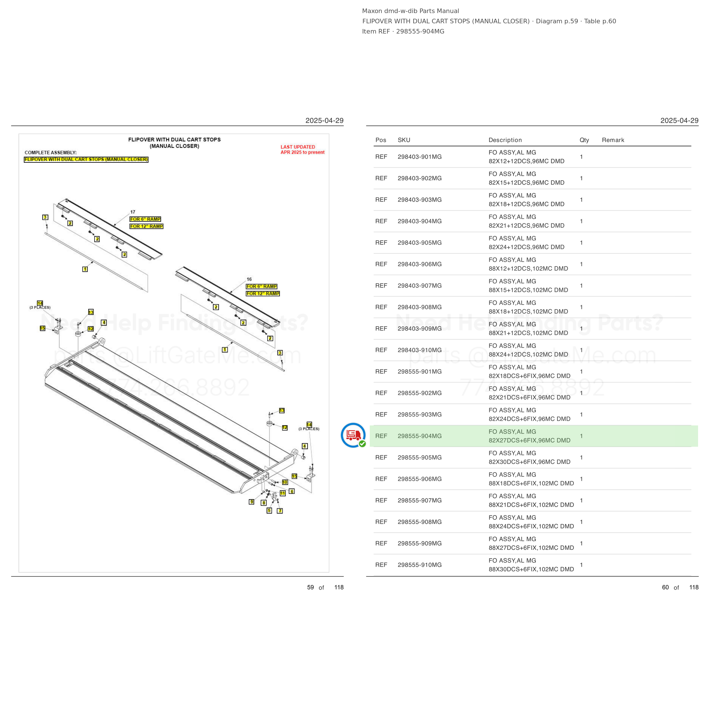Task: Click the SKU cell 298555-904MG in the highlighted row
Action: point(419,436)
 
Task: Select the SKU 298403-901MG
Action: point(419,156)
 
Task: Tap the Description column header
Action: point(505,140)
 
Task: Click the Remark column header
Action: point(613,140)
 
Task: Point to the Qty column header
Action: point(584,140)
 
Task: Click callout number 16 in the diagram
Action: point(249,279)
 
